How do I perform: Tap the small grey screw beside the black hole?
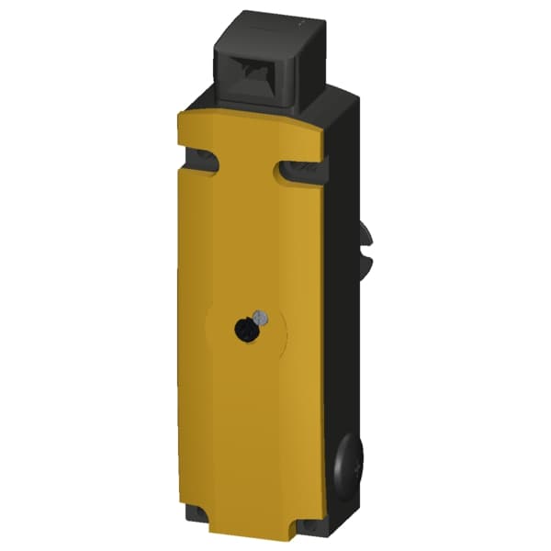pyautogui.click(x=262, y=318)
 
